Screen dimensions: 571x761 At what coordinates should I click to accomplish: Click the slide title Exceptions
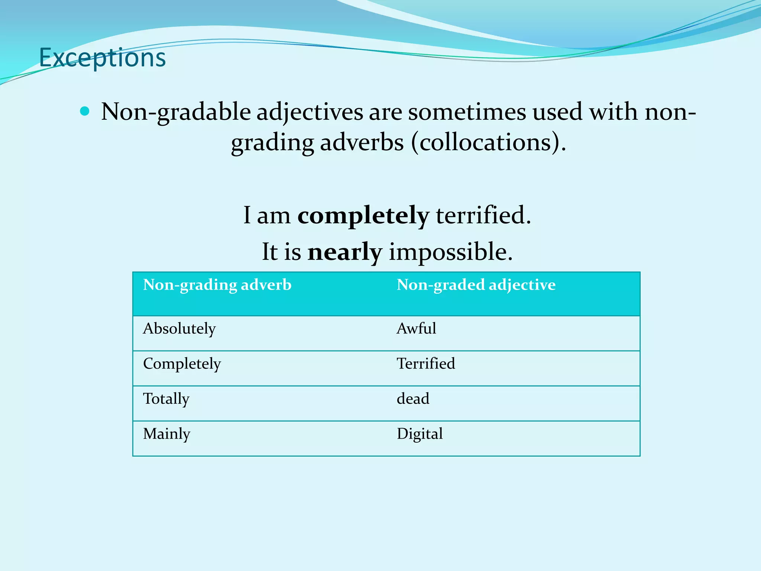click(x=102, y=58)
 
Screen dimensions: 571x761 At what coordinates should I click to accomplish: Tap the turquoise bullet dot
click(x=85, y=111)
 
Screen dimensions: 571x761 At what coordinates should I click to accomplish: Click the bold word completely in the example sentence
click(x=363, y=216)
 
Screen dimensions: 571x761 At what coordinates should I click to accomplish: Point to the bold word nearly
click(x=344, y=252)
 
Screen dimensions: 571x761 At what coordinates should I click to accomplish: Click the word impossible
click(x=450, y=252)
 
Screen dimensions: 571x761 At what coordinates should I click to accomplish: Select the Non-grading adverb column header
click(x=217, y=285)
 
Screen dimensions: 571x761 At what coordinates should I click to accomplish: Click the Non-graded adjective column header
click(x=476, y=285)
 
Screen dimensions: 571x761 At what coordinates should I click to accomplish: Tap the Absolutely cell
click(x=179, y=329)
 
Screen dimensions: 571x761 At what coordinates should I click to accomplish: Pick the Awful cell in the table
click(x=416, y=329)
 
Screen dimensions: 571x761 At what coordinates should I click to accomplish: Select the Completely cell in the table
click(x=182, y=364)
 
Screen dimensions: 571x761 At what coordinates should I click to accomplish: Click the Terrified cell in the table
click(x=425, y=364)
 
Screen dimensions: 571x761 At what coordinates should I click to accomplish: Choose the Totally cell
click(x=166, y=399)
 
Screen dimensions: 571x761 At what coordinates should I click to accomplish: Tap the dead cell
click(x=413, y=399)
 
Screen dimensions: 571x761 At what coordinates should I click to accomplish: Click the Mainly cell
click(x=166, y=434)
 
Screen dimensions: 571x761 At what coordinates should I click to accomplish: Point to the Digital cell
click(x=420, y=434)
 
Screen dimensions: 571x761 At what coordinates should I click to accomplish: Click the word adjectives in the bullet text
click(x=310, y=112)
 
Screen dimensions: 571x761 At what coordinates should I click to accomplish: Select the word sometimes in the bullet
click(x=467, y=112)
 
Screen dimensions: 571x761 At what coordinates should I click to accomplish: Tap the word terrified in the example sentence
click(x=483, y=216)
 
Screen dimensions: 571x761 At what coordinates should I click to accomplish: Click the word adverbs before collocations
click(x=362, y=142)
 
